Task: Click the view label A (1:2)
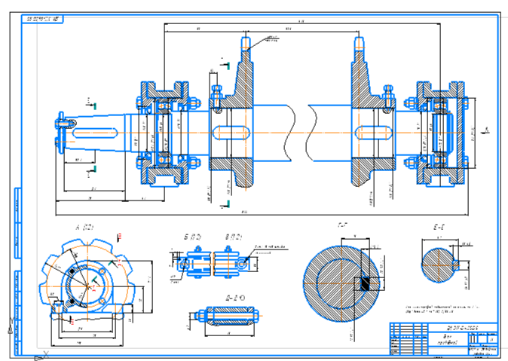tap(83, 226)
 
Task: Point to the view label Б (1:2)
tap(191, 237)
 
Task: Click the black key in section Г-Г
tap(364, 282)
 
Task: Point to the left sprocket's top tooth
tap(245, 44)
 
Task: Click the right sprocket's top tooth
tap(358, 44)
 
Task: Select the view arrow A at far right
tap(488, 130)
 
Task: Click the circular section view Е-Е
tap(441, 265)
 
